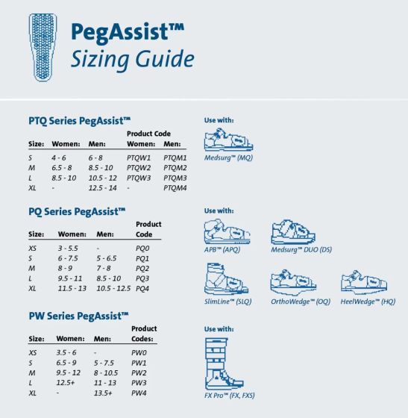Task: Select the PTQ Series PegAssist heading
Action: point(80,119)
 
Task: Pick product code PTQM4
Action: point(175,188)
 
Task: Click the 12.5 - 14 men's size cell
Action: point(102,188)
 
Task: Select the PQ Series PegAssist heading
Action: point(77,212)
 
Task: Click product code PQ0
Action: point(142,248)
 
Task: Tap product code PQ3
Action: point(142,278)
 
